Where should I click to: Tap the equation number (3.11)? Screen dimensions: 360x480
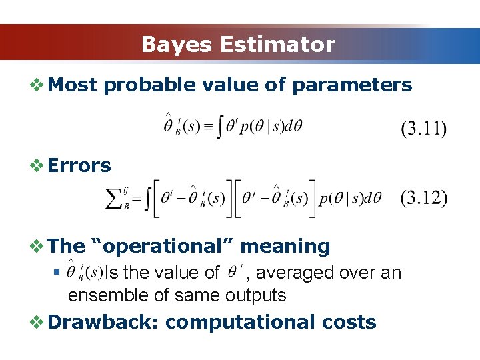(x=423, y=129)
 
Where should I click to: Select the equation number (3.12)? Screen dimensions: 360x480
(x=423, y=199)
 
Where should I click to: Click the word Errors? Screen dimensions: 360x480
(x=79, y=165)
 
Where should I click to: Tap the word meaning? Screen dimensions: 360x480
(x=285, y=246)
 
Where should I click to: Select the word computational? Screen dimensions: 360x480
(x=238, y=322)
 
